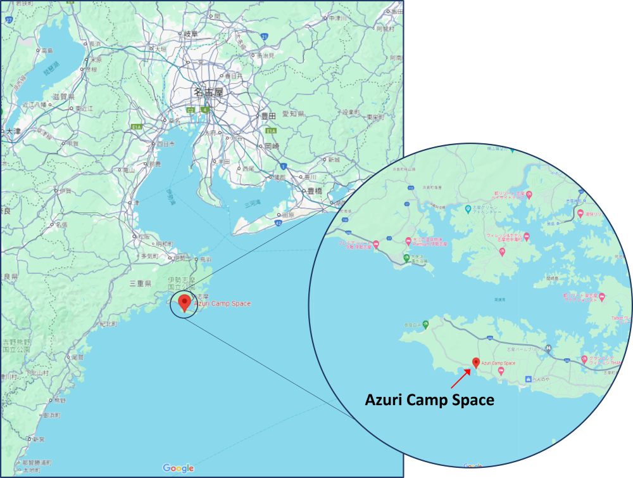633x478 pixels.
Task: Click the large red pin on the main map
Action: [x=184, y=302]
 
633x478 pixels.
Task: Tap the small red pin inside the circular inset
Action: [x=476, y=363]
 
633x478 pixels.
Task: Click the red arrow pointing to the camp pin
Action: [x=460, y=378]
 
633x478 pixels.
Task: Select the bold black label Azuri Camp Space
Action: [x=430, y=401]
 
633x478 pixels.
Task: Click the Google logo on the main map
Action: [x=179, y=468]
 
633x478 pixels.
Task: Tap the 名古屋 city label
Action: [x=209, y=93]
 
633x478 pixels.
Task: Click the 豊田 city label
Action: [x=268, y=116]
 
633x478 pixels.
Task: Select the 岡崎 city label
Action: [x=272, y=145]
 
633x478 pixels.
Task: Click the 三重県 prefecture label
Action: [x=140, y=283]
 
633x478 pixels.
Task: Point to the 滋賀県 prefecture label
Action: [x=63, y=96]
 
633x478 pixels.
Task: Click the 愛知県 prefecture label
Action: [x=293, y=113]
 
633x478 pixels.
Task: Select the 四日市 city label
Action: [x=166, y=144]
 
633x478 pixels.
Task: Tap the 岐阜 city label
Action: [x=191, y=34]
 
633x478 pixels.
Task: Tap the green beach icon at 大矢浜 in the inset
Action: [x=406, y=257]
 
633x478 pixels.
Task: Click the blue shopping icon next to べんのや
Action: [x=529, y=379]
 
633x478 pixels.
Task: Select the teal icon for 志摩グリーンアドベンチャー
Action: [x=468, y=207]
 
